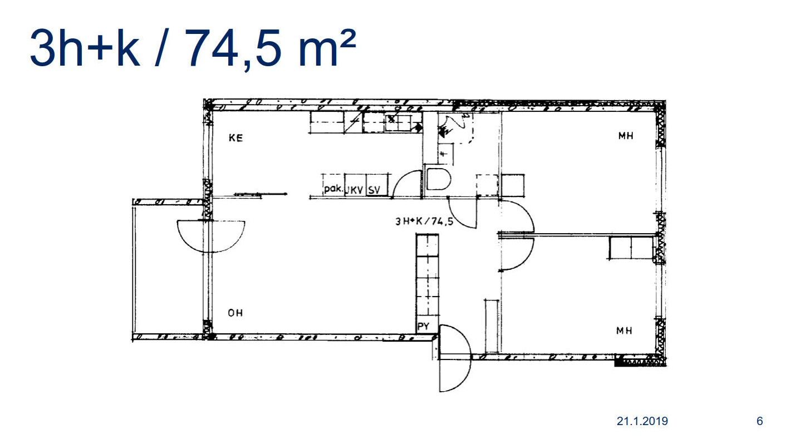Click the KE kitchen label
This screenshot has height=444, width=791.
[235, 137]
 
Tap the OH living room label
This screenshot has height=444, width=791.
[235, 313]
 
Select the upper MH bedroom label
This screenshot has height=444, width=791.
[626, 136]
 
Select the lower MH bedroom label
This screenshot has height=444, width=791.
[624, 330]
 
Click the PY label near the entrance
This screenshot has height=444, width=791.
[423, 326]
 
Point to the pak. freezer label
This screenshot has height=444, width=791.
[333, 189]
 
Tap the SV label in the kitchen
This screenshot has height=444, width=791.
[374, 190]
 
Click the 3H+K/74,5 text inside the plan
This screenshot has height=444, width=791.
[424, 221]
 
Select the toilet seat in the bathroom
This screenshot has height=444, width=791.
[439, 179]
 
